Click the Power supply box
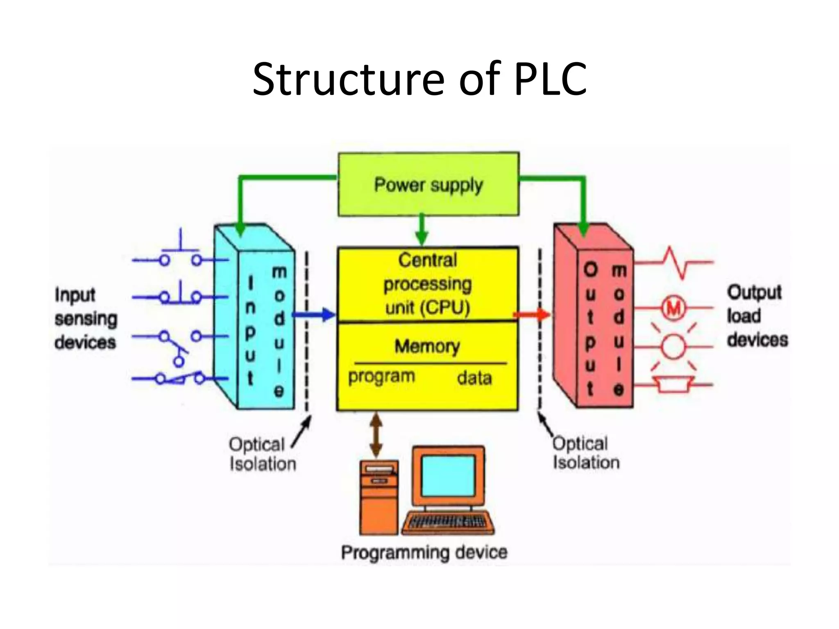click(429, 185)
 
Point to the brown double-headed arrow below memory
click(376, 435)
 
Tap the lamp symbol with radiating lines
click(673, 346)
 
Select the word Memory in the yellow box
click(427, 346)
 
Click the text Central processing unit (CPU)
click(428, 284)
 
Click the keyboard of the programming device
click(448, 523)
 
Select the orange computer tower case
click(379, 498)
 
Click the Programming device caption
click(424, 552)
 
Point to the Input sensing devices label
click(85, 319)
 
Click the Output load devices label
click(757, 316)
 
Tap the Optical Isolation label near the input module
click(262, 454)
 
